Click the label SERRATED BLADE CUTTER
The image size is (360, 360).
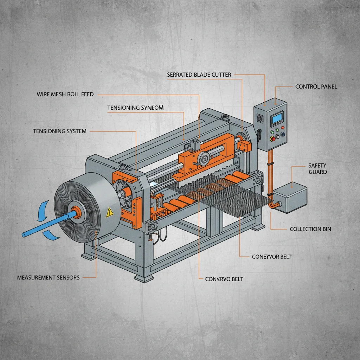click(199, 75)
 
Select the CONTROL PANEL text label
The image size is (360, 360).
click(316, 86)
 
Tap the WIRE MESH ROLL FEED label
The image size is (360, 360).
click(65, 95)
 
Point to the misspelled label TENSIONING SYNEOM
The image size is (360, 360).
click(135, 108)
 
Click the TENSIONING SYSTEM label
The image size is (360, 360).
click(60, 131)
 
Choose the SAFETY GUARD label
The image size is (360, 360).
click(317, 168)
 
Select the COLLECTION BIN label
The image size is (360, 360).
click(310, 229)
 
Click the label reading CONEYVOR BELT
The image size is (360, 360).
click(272, 257)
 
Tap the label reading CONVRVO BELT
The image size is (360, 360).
click(224, 279)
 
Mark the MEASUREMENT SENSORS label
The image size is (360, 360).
click(49, 277)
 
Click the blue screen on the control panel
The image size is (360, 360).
click(277, 118)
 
